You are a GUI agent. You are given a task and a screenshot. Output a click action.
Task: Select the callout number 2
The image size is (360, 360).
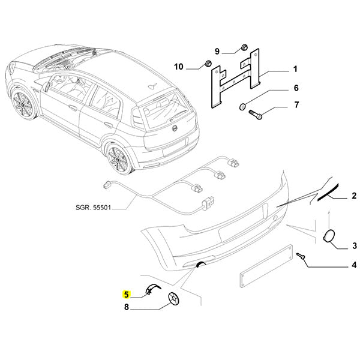click(353, 196)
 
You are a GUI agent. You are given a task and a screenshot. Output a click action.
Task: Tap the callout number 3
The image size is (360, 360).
click(353, 245)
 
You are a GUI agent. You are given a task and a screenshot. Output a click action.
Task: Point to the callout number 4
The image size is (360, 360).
click(353, 265)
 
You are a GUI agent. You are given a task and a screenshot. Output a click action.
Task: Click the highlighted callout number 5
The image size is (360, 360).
click(126, 295)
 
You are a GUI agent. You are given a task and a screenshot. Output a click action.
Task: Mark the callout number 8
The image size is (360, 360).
click(126, 308)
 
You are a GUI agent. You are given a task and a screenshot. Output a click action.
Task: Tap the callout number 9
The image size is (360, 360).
click(217, 50)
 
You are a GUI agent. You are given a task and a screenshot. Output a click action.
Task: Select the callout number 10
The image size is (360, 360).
click(179, 66)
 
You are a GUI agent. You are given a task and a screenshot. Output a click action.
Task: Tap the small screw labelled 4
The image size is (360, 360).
click(302, 256)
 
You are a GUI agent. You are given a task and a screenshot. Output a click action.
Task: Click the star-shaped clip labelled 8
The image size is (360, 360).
click(174, 298)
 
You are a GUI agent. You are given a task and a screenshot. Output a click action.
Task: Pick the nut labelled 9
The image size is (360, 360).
click(244, 47)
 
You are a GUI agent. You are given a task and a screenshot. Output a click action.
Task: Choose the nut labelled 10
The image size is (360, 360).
click(207, 64)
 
